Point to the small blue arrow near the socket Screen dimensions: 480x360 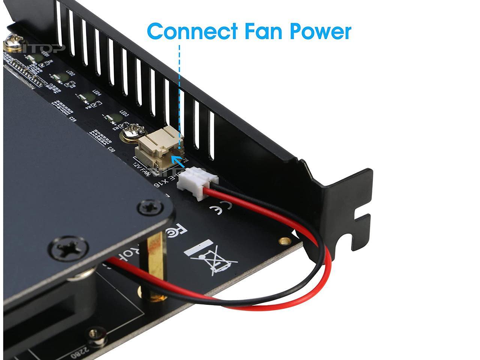(x=180, y=162)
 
